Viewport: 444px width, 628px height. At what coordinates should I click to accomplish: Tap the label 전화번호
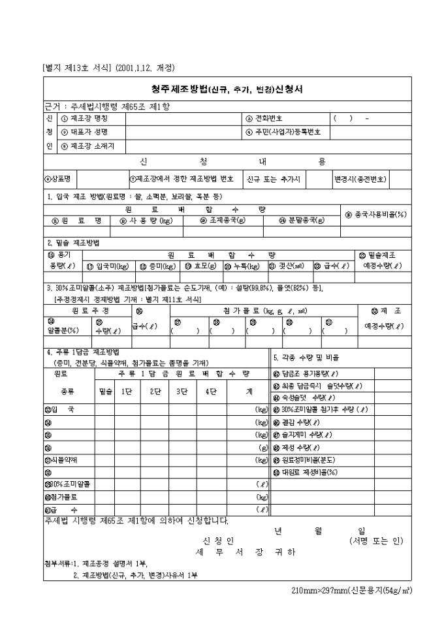[266, 118]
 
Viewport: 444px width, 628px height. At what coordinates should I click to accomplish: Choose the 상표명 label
[58, 178]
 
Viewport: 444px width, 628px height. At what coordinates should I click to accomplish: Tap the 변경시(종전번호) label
[360, 178]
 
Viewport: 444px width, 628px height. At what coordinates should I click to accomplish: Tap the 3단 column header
[182, 391]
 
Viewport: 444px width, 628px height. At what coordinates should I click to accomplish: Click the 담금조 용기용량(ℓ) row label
[314, 374]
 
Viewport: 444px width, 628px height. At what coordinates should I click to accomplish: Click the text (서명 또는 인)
[376, 541]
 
